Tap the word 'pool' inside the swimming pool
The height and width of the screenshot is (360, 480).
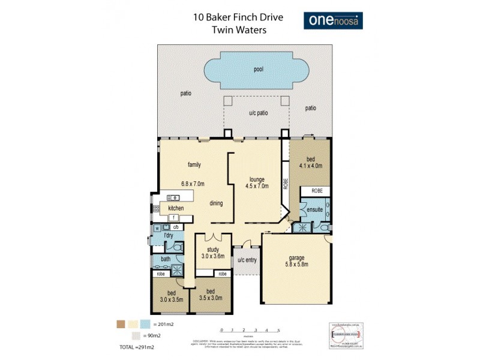pyautogui.click(x=259, y=70)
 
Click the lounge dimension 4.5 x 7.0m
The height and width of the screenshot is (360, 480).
pyautogui.click(x=259, y=187)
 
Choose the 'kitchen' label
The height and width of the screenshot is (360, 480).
pyautogui.click(x=168, y=208)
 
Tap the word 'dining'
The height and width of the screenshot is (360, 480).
pyautogui.click(x=216, y=203)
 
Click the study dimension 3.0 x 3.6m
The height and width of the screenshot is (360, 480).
pyautogui.click(x=213, y=256)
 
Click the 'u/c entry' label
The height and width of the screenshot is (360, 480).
pyautogui.click(x=247, y=260)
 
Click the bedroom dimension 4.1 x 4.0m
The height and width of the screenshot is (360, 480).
pyautogui.click(x=310, y=166)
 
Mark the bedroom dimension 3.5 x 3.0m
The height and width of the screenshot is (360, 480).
pyautogui.click(x=211, y=296)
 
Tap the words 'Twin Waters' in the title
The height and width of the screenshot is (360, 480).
pyautogui.click(x=238, y=29)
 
